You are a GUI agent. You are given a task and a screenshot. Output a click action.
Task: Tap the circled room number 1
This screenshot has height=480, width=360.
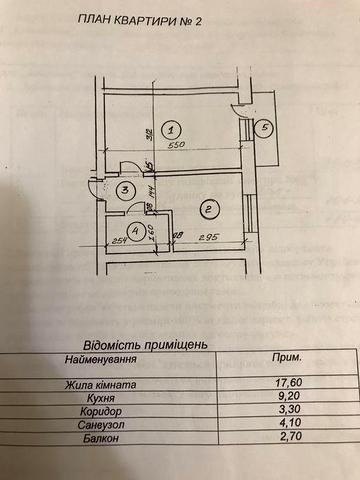tap(172, 129)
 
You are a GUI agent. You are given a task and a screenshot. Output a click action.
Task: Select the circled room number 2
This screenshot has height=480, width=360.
tap(207, 209)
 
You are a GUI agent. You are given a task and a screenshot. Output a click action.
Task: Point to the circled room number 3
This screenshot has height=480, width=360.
tap(123, 192)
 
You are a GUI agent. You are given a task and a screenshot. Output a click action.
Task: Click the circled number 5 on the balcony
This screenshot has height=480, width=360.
tap(264, 127)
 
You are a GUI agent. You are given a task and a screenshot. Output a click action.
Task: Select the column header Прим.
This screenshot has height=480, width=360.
tap(288, 355)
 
